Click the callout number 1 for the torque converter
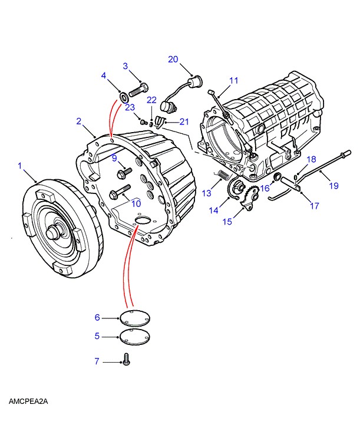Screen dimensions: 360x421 click(19, 166)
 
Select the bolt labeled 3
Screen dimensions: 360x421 click(138, 90)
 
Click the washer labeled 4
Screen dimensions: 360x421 click(124, 97)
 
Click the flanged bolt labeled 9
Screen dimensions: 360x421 click(124, 173)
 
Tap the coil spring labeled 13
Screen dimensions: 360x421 click(223, 175)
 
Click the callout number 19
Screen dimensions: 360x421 click(333, 186)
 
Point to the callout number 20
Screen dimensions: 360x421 click(173, 60)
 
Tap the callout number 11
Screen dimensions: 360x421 click(234, 80)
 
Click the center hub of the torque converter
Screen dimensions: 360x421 click(53, 231)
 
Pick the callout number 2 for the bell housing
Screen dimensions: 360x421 click(78, 121)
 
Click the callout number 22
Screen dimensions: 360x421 click(151, 100)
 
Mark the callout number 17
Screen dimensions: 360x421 click(315, 206)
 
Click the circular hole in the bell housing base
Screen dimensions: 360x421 click(144, 220)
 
